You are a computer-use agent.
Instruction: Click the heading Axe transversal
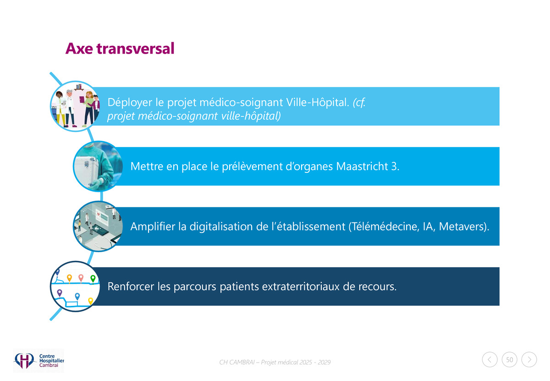(x=120, y=49)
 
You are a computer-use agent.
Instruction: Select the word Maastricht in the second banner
(x=362, y=166)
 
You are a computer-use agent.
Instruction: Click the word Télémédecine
(x=384, y=226)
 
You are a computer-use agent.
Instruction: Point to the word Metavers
(x=462, y=226)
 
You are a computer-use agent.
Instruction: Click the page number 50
(x=510, y=360)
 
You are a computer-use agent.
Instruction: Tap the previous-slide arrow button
(x=489, y=360)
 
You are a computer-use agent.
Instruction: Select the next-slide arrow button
(x=529, y=360)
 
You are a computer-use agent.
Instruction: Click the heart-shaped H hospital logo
(x=24, y=361)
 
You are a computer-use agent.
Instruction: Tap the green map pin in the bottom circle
(x=93, y=279)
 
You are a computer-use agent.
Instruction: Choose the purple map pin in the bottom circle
(x=60, y=293)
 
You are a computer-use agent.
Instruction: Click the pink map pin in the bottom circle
(x=81, y=278)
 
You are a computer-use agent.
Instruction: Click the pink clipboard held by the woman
(x=82, y=99)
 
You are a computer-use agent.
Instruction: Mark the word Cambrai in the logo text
(x=49, y=365)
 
